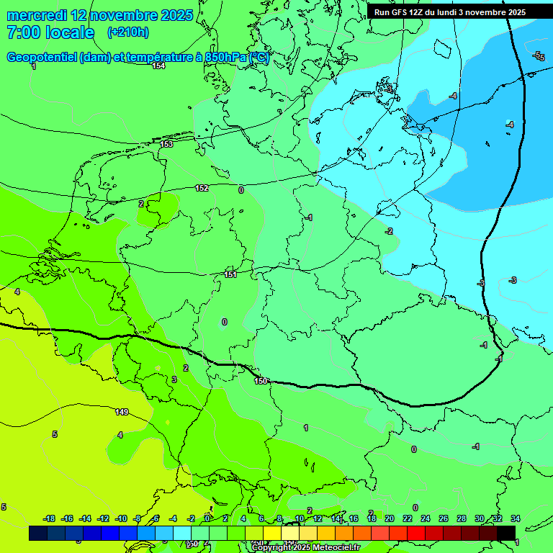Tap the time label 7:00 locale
pyautogui.click(x=50, y=32)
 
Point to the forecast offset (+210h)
pyautogui.click(x=127, y=32)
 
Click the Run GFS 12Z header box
pyautogui.click(x=449, y=12)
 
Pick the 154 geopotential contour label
pyautogui.click(x=158, y=66)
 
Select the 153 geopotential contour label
pyautogui.click(x=166, y=144)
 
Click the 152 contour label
pyautogui.click(x=202, y=188)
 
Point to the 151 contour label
pyautogui.click(x=230, y=274)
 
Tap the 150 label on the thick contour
pyautogui.click(x=261, y=380)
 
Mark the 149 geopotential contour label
pyautogui.click(x=122, y=412)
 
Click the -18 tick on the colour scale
pyautogui.click(x=50, y=518)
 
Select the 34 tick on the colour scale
pyautogui.click(x=516, y=518)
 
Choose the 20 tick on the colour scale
pyautogui.click(x=389, y=518)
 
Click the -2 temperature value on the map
pyautogui.click(x=389, y=231)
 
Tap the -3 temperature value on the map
pyautogui.click(x=513, y=279)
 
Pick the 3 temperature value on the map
pyautogui.click(x=174, y=379)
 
